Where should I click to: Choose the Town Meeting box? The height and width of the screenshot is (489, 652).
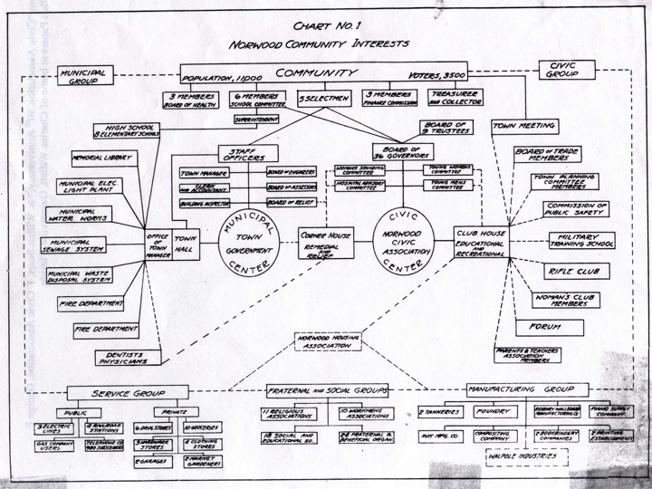click(x=524, y=126)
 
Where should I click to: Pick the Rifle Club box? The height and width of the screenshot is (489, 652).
click(x=576, y=271)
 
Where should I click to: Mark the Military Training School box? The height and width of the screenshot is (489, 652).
click(x=579, y=242)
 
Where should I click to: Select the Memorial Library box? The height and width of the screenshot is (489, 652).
click(x=101, y=158)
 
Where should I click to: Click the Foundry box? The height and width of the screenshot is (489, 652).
click(x=494, y=413)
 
